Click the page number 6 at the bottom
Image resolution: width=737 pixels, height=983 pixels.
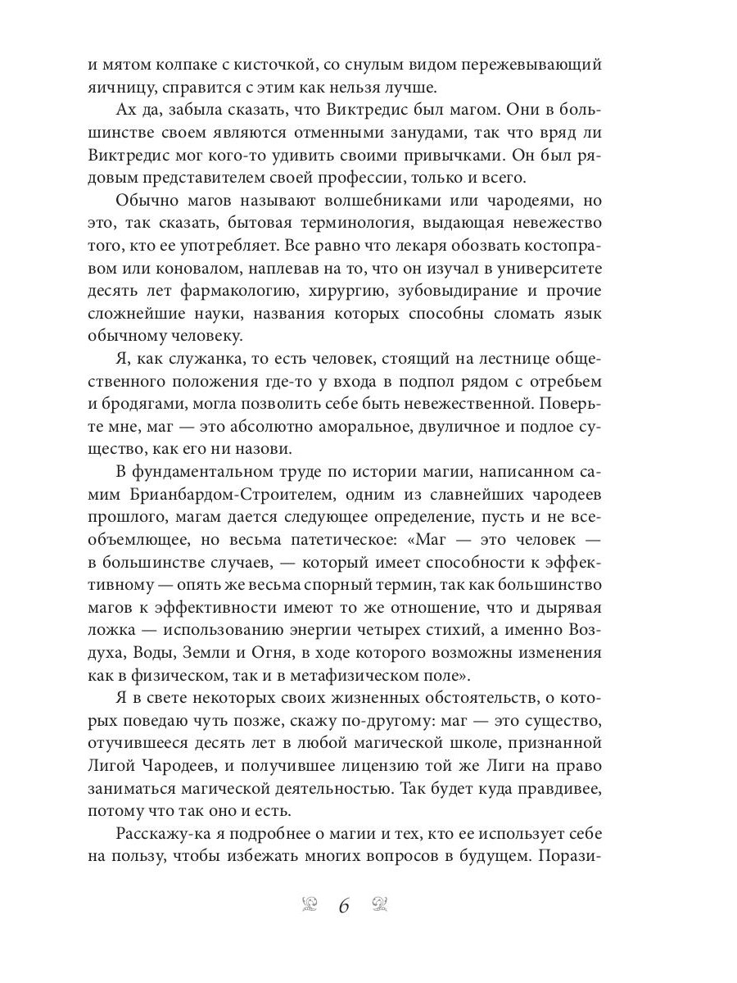344,906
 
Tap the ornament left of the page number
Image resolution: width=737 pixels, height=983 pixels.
310,904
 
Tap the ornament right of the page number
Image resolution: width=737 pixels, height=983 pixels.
379,904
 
